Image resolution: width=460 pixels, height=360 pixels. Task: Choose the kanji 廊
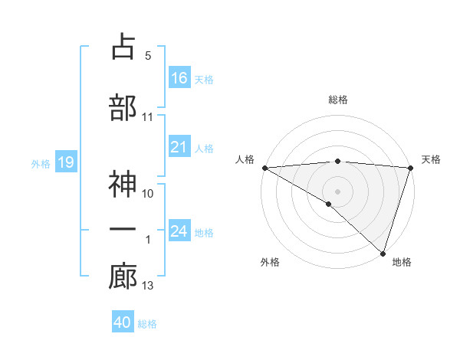123,277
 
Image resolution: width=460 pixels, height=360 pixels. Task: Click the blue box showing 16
179,77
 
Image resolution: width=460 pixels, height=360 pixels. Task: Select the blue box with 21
179,147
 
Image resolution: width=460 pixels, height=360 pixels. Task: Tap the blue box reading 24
179,231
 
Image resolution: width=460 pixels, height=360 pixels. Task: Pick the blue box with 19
65,162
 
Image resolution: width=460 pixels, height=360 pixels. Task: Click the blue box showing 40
123,322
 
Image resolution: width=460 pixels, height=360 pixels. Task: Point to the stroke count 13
147,286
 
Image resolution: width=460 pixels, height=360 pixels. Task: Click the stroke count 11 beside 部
147,117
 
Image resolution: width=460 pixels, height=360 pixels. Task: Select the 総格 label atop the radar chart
337,100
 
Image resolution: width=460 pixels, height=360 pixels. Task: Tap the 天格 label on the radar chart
431,159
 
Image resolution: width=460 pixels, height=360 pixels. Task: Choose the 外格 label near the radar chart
270,263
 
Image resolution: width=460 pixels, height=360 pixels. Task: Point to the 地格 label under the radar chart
402,263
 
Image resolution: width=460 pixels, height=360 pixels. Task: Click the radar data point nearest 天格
410,168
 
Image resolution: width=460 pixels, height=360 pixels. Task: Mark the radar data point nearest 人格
264,168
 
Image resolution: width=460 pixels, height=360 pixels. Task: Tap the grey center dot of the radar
337,191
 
